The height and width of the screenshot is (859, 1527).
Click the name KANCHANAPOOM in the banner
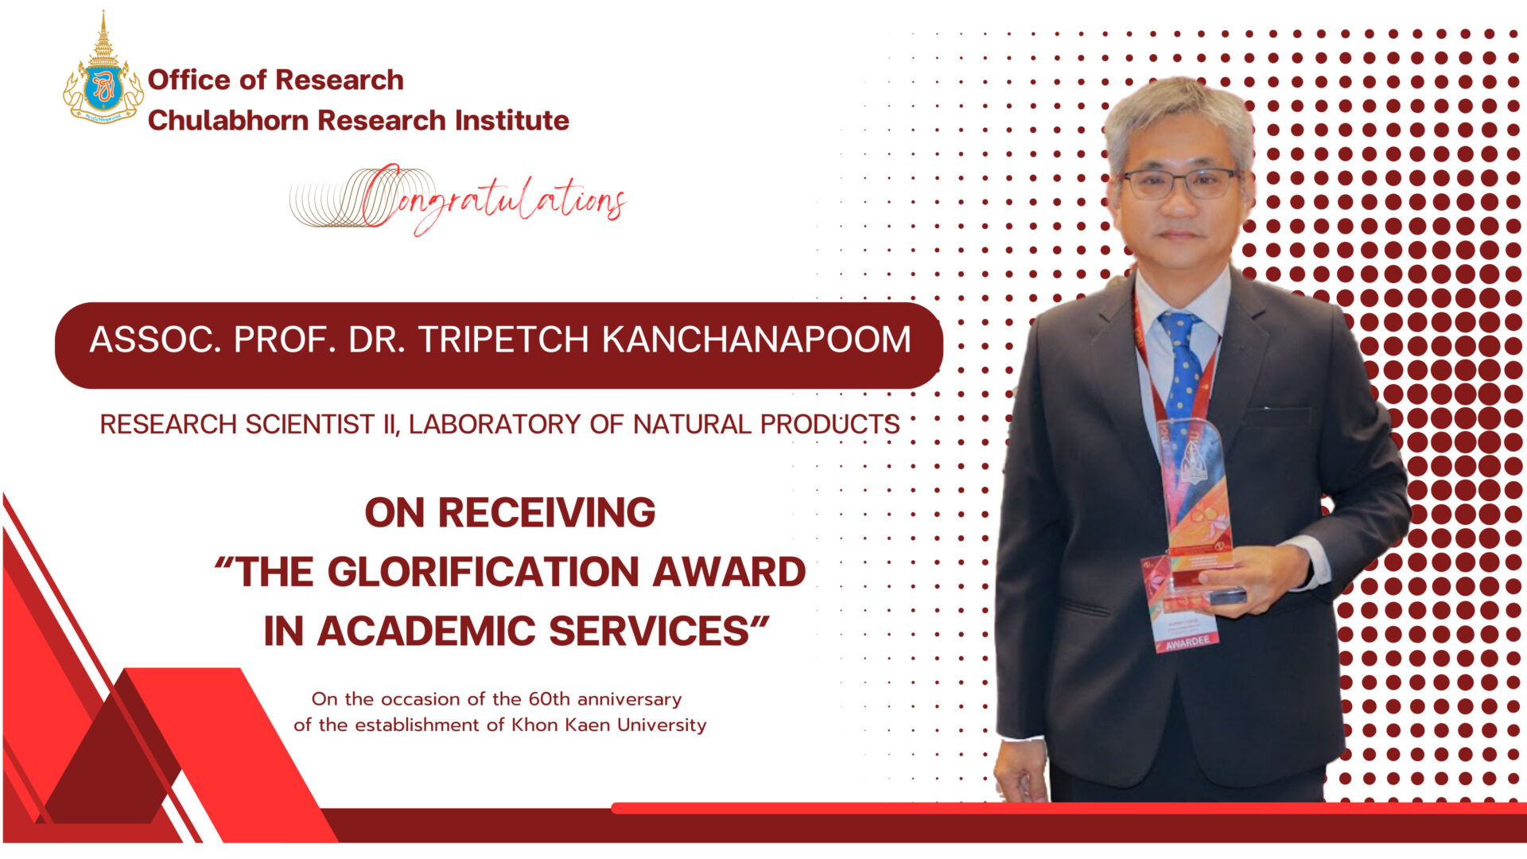[x=756, y=340]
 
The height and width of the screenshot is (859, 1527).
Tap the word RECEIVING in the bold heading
[x=546, y=513]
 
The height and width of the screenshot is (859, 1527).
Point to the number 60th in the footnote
[x=550, y=699]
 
